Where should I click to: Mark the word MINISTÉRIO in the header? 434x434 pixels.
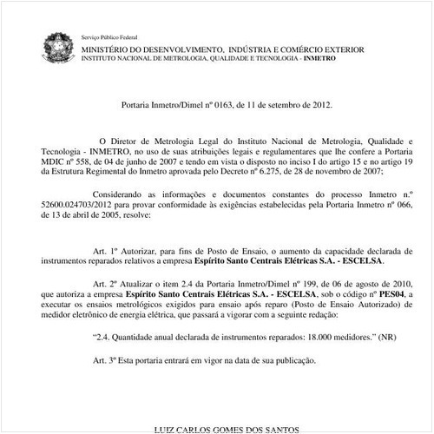(109, 50)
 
